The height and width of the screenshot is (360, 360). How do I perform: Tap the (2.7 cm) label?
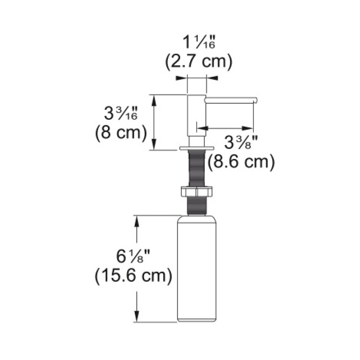199,61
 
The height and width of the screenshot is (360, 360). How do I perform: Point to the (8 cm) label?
120,132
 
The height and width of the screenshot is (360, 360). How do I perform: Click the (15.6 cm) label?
133,276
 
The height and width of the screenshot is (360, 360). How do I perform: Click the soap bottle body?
197,269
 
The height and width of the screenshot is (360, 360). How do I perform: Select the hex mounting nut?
197,192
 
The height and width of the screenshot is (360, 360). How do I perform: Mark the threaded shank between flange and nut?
197,168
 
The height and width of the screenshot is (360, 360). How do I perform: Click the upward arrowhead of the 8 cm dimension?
154,98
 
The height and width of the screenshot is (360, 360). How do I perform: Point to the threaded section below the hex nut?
197,205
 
